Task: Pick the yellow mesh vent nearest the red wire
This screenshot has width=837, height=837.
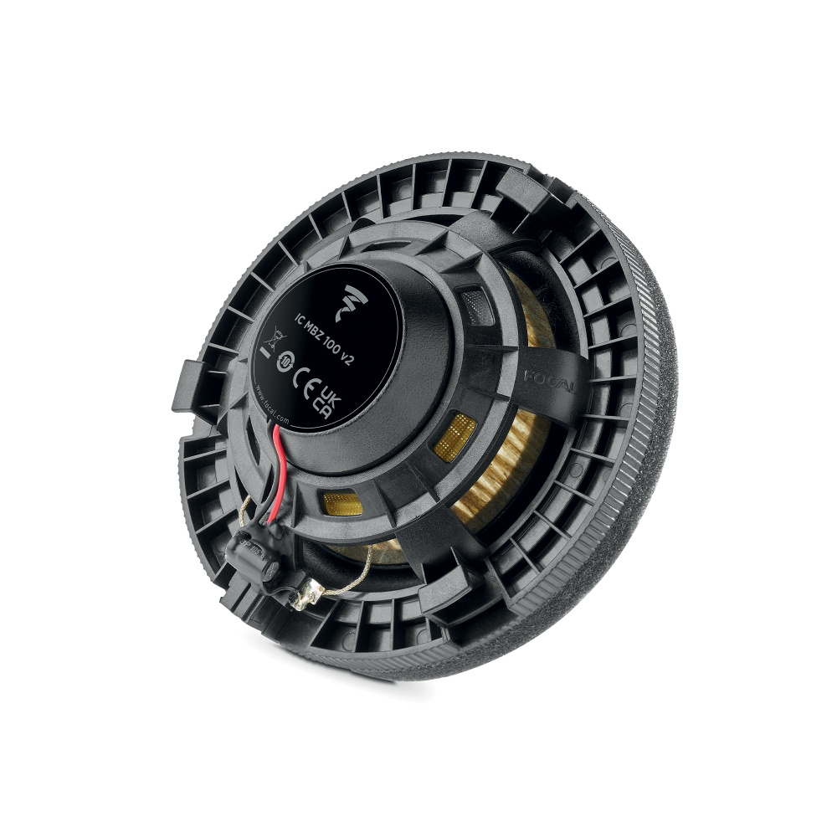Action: click(x=342, y=504)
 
